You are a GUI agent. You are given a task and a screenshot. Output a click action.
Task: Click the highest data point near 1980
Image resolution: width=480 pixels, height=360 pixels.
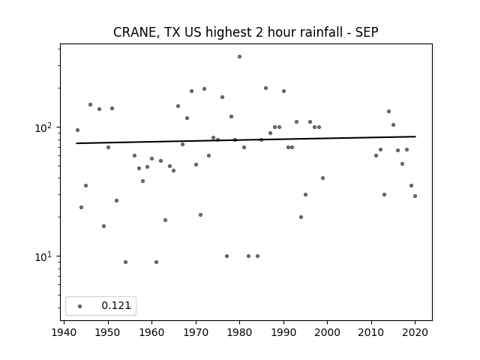239,57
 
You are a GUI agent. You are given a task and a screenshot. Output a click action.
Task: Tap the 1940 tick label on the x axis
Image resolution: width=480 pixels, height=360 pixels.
64,332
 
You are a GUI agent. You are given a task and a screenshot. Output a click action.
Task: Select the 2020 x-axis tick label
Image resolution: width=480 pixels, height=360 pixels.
415,332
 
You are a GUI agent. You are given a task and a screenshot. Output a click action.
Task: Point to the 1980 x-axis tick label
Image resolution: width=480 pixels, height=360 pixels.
239,332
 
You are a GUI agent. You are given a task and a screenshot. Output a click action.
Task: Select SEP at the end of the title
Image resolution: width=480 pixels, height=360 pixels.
367,32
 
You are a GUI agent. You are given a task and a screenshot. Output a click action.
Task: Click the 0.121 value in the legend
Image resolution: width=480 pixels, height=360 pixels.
116,305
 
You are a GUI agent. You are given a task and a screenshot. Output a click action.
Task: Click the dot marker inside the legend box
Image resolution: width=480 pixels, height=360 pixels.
80,306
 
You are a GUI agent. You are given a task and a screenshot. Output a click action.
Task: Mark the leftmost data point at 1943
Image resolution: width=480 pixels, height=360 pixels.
77,130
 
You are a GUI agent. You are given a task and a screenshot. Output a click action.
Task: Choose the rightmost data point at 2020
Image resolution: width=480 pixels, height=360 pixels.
415,196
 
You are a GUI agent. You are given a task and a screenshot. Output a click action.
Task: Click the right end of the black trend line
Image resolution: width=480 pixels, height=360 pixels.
415,136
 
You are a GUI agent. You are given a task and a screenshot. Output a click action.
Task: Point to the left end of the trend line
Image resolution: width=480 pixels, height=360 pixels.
76,143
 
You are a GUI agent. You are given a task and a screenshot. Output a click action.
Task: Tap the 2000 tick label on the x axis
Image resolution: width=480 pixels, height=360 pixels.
327,332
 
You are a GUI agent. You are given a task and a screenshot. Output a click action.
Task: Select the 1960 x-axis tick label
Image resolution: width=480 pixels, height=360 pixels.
151,332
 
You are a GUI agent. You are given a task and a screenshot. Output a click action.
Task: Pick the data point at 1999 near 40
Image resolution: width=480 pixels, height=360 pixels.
322,178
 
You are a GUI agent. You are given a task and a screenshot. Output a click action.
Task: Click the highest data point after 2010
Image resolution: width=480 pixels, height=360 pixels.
388,112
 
